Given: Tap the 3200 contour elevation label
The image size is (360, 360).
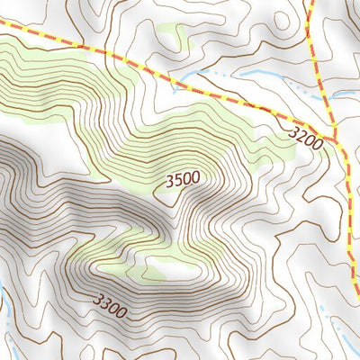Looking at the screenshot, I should coord(306,137).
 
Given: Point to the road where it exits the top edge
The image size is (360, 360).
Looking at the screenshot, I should coord(310,3).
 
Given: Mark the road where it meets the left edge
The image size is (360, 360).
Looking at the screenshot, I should coord(3,33).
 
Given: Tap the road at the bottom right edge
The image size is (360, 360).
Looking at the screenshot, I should coord(356,288).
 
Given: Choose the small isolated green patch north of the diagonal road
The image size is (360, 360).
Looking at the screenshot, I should coord(171,40).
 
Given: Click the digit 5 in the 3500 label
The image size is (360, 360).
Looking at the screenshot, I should coord(177,182).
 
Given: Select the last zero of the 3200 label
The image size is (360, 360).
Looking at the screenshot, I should coord(317,140).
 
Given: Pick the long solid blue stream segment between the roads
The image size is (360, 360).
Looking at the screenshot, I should coord(252,72).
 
